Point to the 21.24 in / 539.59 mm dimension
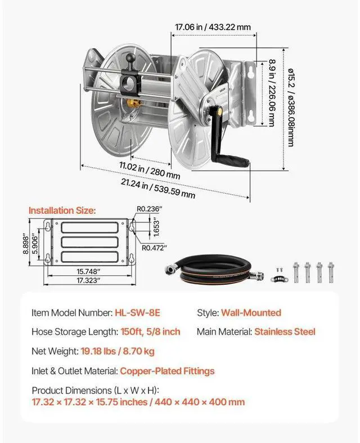(x=158, y=186)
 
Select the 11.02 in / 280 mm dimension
(x=149, y=171)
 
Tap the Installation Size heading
(x=62, y=211)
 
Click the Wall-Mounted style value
(x=251, y=313)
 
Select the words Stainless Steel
(x=285, y=332)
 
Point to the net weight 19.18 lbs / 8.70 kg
(x=116, y=352)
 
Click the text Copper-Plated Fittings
(x=167, y=371)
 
